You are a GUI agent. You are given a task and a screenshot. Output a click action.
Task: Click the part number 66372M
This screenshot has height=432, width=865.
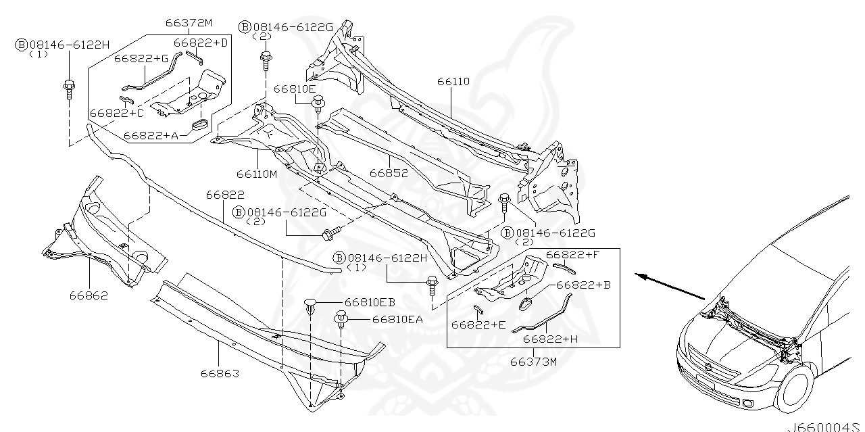189,22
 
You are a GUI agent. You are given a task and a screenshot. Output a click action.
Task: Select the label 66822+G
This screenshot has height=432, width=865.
141,58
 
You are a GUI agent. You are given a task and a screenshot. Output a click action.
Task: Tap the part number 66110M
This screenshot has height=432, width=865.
257,174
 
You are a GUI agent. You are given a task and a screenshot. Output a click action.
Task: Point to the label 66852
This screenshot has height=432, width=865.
389,173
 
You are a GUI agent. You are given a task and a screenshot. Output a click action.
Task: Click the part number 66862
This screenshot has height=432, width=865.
88,295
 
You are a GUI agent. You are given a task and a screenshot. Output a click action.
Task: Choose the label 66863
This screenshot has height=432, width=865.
220,373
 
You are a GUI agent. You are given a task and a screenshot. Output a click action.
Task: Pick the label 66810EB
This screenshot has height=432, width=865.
370,302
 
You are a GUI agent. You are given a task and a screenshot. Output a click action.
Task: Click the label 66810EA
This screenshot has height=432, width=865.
397,319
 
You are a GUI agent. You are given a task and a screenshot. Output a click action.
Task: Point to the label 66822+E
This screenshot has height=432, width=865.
478,325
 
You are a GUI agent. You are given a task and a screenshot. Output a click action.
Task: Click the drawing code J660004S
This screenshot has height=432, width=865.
825,427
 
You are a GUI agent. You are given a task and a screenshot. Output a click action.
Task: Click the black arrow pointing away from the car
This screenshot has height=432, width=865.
670,285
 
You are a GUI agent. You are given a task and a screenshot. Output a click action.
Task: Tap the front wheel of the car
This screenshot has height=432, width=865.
796,389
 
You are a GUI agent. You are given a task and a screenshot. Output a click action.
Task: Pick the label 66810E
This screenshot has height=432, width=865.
294,89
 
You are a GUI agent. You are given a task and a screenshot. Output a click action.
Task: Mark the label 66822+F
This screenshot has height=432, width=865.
573,254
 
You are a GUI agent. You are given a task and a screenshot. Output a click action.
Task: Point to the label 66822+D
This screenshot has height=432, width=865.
201,43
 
